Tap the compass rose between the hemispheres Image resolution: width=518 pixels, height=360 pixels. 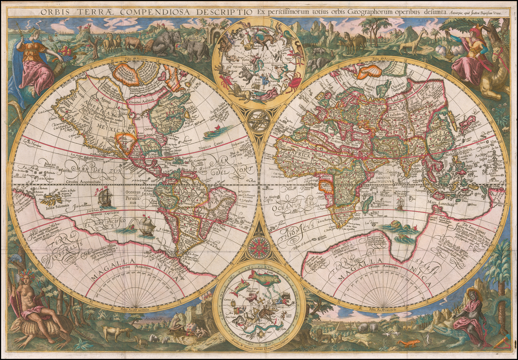click(x=259, y=248)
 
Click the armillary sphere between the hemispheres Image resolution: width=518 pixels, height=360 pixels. click(x=259, y=121)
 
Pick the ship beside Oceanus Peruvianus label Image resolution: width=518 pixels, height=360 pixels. click(x=105, y=197)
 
